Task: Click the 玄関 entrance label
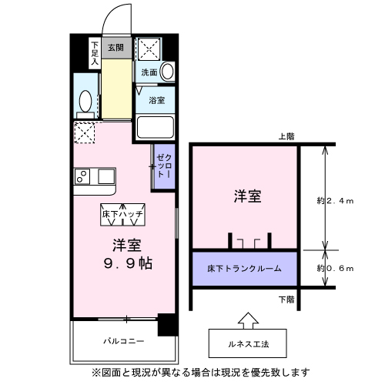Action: pos(115,47)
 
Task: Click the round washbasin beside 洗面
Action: pos(166,72)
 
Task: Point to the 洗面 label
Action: pos(149,72)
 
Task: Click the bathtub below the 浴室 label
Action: pos(156,128)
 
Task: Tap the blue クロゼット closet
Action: pos(164,166)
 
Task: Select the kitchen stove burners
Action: pos(82,178)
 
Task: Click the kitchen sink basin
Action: pos(105,176)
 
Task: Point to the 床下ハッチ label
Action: pos(127,213)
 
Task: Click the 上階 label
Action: pos(286,136)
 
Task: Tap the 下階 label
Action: pos(286,298)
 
